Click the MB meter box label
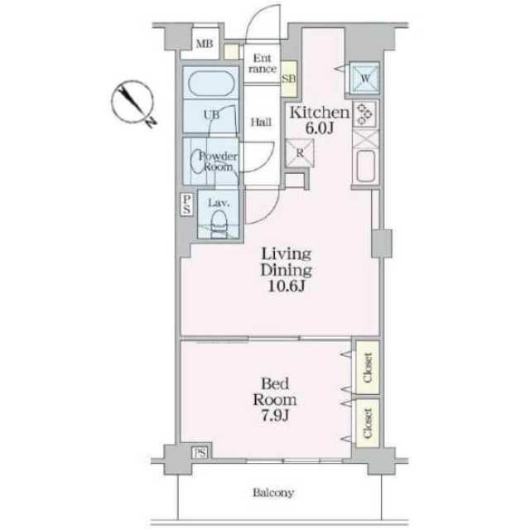205,44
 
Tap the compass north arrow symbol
133,103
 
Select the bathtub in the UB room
211,83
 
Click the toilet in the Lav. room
219,223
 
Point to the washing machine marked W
364,79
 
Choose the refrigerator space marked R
300,153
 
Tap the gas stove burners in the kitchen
364,114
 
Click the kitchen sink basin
365,166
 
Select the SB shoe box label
289,79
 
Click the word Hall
261,122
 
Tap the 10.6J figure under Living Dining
287,286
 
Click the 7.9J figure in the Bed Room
275,416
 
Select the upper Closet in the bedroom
368,368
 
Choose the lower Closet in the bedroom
368,423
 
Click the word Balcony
273,493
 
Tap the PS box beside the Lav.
186,204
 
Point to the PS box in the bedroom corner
200,453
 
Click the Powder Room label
219,161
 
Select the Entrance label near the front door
263,64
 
